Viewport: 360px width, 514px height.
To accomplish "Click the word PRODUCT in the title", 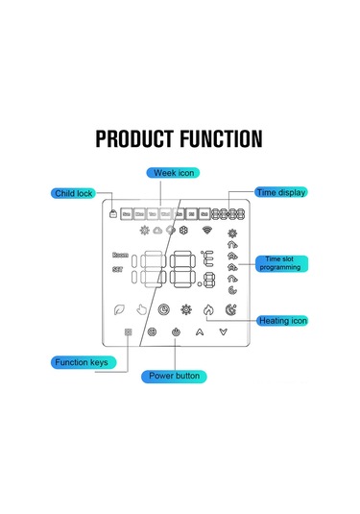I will click(x=137, y=139).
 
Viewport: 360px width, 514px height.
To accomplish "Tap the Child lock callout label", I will click(x=73, y=194).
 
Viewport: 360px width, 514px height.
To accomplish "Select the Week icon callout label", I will click(x=174, y=173).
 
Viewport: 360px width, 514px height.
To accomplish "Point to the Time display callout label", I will click(x=280, y=192).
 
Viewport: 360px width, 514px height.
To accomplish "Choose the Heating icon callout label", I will click(x=284, y=320).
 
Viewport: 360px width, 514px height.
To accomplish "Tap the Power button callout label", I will click(x=174, y=376).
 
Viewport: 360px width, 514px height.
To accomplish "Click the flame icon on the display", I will click(x=209, y=309).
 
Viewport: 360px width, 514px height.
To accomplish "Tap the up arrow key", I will click(x=200, y=332).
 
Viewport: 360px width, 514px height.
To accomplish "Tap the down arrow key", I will click(x=224, y=332).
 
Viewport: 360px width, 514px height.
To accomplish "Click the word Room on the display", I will click(x=120, y=256).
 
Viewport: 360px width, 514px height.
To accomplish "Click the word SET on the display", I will click(x=120, y=271).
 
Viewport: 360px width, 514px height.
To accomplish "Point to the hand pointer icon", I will click(x=142, y=309).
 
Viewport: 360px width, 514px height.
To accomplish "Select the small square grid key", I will click(x=128, y=332).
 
